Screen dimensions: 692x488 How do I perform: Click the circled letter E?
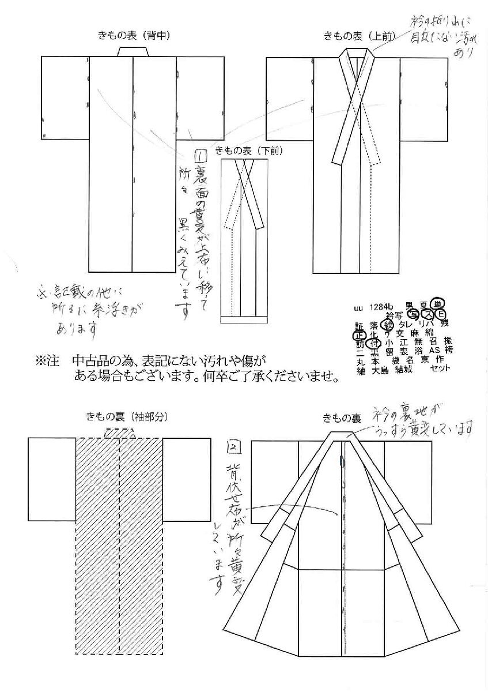coord(441,315)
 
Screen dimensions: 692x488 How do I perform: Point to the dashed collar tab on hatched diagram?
coord(119,433)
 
